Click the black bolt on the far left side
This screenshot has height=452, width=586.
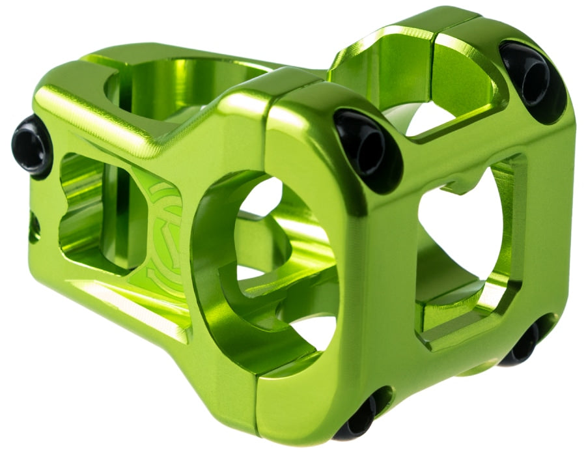pyautogui.click(x=31, y=144)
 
